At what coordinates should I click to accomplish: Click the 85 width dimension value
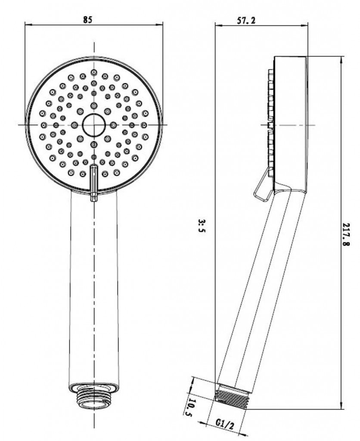pyautogui.click(x=87, y=20)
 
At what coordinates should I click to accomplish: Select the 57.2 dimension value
pyautogui.click(x=246, y=20)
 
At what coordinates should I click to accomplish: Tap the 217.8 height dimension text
pyautogui.click(x=346, y=235)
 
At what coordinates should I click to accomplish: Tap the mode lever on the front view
pyautogui.click(x=93, y=183)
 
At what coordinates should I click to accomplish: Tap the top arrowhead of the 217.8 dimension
pyautogui.click(x=341, y=60)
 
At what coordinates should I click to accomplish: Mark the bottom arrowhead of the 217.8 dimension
pyautogui.click(x=341, y=406)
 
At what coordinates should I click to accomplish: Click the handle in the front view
pyautogui.click(x=94, y=287)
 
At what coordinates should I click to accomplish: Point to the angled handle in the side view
pyautogui.click(x=260, y=290)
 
